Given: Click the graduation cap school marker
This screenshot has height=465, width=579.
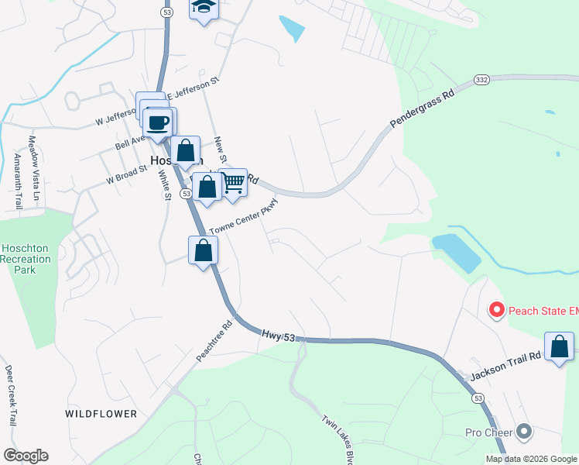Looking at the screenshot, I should click(x=204, y=8).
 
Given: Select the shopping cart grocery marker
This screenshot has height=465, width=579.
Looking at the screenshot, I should click(x=232, y=184).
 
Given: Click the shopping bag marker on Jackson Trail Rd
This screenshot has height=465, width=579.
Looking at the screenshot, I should click(x=559, y=348).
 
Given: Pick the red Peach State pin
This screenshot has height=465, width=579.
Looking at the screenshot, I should click(x=496, y=311).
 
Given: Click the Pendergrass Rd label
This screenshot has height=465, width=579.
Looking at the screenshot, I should click(x=422, y=111).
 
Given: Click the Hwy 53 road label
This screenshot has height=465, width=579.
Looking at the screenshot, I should click(x=279, y=334).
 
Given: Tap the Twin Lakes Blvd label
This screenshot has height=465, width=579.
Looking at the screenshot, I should click(x=337, y=439).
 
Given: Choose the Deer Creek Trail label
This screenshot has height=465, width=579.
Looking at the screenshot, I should click(x=11, y=395).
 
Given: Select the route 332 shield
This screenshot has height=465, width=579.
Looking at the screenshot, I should click(x=481, y=81).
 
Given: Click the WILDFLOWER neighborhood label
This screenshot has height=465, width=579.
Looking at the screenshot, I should click(x=101, y=414).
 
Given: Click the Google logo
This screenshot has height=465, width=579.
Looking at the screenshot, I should click(x=26, y=456).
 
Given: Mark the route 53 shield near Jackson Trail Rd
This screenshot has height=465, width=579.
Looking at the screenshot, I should click(x=478, y=398).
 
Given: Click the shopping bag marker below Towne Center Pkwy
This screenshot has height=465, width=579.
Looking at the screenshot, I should click(x=203, y=251).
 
